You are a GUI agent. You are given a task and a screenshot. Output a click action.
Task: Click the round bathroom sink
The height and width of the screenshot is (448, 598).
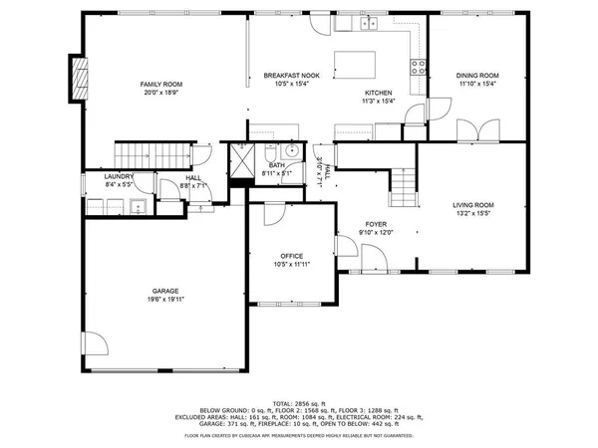tap(292, 151)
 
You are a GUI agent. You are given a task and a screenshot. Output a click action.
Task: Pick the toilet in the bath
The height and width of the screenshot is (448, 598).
tap(270, 155)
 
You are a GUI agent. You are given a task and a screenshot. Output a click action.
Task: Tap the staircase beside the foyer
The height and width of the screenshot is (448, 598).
tap(403, 183)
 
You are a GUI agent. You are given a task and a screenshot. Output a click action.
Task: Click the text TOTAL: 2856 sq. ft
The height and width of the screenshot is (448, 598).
tap(299, 402)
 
